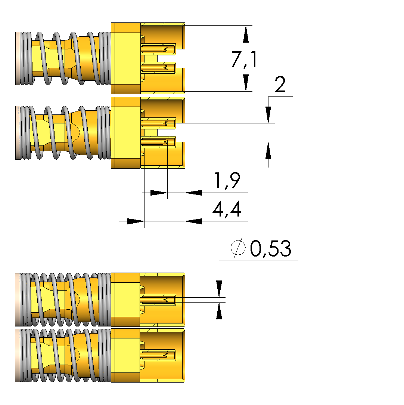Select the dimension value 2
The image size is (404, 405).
tap(280, 85)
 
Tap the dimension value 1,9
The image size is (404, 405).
tap(226, 181)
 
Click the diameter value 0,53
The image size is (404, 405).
tap(271, 249)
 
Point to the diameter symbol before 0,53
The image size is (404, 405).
tap(238, 248)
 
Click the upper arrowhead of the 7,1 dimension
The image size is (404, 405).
tap(246, 35)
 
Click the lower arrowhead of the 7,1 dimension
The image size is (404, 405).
tap(246, 82)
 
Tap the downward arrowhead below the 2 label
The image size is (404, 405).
tap(268, 114)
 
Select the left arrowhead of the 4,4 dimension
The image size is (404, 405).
tap(135, 221)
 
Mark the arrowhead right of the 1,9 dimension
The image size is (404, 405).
tap(194, 193)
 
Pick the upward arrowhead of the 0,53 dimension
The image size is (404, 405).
tap(219, 311)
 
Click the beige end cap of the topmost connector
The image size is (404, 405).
tap(17, 58)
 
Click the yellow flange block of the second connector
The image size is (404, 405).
tap(126, 133)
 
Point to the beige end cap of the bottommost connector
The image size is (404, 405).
tap(17, 355)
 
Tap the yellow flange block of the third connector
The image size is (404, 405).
tap(125, 300)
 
